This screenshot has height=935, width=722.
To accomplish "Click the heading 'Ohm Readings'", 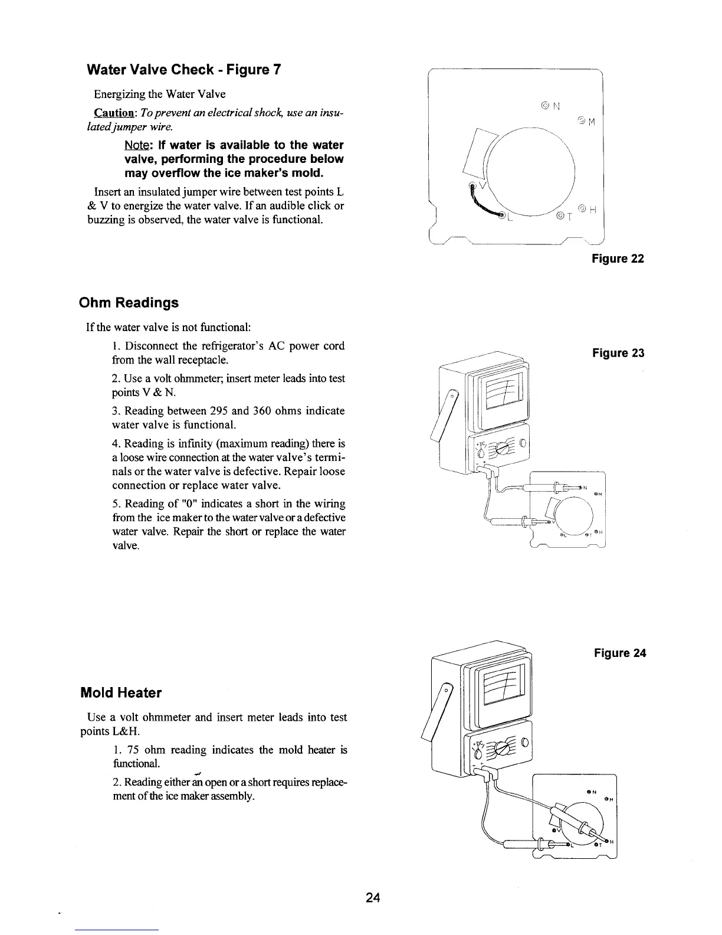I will [x=129, y=303].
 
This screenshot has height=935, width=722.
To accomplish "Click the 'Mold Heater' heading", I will [x=120, y=692].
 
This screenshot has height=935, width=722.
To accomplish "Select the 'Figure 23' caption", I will [x=618, y=353].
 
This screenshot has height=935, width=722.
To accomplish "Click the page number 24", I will [x=373, y=898].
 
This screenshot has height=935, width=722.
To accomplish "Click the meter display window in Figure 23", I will [x=500, y=394].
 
